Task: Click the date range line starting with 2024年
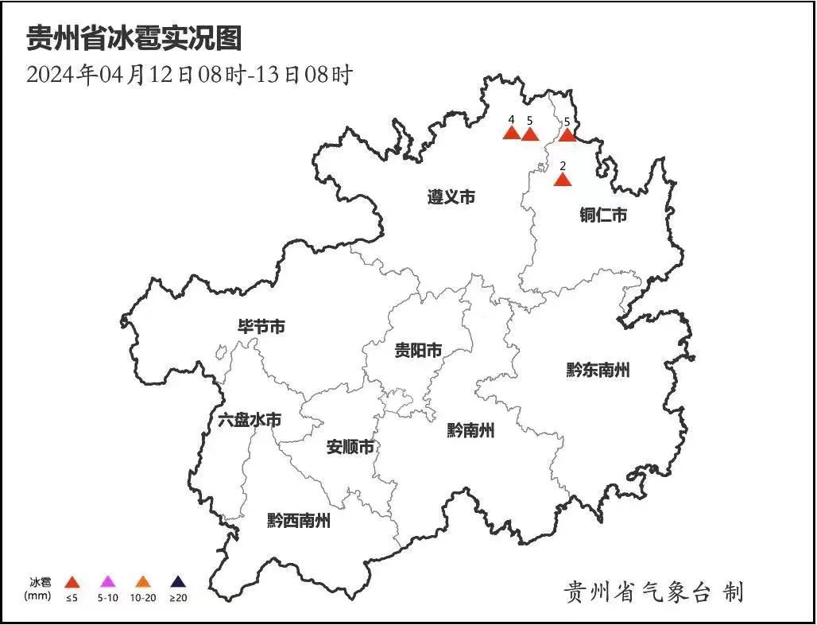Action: [x=189, y=76]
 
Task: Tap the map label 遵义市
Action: [x=451, y=196]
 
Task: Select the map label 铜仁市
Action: [x=602, y=215]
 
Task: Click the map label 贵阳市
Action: [x=418, y=351]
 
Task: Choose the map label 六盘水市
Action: [x=249, y=420]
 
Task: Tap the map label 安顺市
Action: [x=350, y=447]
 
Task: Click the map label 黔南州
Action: [x=470, y=431]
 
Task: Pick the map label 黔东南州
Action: [x=598, y=370]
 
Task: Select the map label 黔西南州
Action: [x=298, y=521]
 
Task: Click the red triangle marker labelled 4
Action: [x=512, y=133]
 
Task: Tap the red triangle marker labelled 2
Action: [x=563, y=180]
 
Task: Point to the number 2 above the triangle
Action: [x=563, y=165]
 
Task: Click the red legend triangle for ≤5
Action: [x=72, y=583]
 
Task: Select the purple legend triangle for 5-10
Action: [x=108, y=583]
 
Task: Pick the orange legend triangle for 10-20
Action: [x=143, y=583]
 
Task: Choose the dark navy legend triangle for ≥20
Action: [x=178, y=583]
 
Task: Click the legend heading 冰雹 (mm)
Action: [x=40, y=588]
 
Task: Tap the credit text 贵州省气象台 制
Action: [x=653, y=592]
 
